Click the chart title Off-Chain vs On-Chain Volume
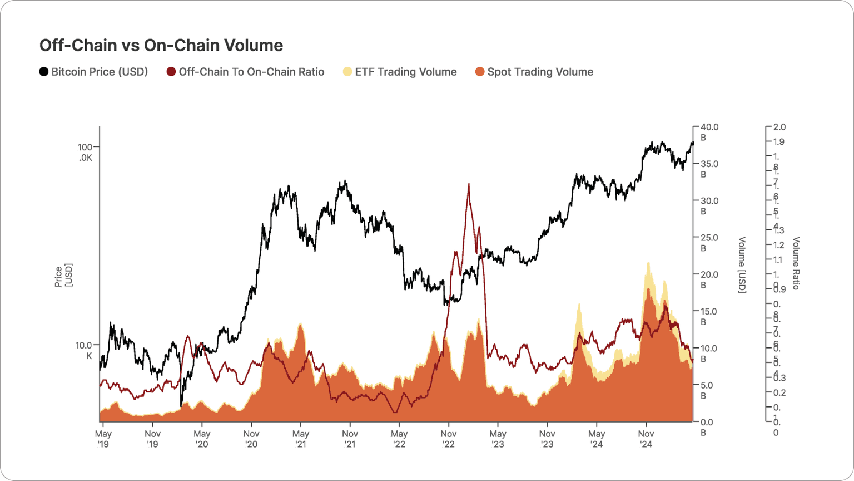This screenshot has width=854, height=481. click(161, 45)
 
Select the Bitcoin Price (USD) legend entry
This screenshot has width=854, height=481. click(93, 72)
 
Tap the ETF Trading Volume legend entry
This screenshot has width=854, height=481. click(400, 72)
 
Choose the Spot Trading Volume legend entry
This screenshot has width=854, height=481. click(534, 72)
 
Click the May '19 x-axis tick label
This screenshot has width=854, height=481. click(103, 439)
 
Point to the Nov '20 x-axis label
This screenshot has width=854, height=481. click(251, 439)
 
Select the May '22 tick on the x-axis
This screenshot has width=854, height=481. click(399, 439)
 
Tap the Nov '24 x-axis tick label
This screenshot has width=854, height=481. click(646, 439)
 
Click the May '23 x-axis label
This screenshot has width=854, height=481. click(498, 439)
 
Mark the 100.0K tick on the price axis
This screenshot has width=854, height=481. click(85, 152)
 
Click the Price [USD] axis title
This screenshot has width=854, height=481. click(63, 275)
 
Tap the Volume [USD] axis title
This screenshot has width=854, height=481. click(742, 265)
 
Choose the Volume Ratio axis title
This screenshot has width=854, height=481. click(796, 263)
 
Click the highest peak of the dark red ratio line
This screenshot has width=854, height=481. click(469, 184)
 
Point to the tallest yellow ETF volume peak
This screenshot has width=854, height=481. click(648, 263)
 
